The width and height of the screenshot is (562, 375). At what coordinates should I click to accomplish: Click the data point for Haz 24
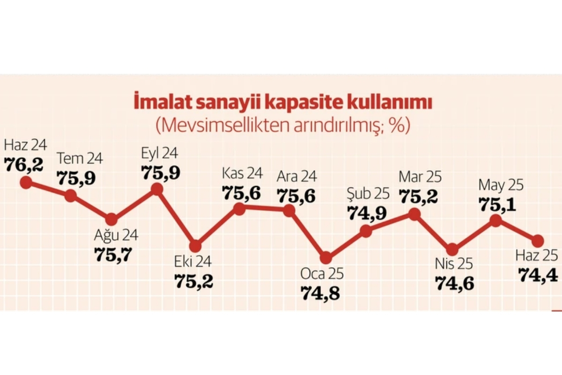(x=26, y=182)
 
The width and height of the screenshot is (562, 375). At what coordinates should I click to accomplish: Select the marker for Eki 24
(x=196, y=246)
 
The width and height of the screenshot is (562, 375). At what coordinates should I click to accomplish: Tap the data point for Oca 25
(x=326, y=257)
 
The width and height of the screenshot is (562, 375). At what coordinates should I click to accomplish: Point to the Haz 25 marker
(x=538, y=241)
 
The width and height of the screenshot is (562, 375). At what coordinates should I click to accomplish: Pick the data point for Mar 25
(x=414, y=214)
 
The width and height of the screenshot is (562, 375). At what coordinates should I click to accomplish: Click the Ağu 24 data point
(x=111, y=219)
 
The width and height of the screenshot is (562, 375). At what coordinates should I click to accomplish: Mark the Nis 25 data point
(x=452, y=249)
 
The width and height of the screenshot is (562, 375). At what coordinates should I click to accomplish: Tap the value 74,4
(x=539, y=274)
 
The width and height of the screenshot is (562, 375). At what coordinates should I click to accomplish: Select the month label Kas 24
(x=242, y=174)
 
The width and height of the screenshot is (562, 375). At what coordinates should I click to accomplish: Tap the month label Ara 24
(x=296, y=177)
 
